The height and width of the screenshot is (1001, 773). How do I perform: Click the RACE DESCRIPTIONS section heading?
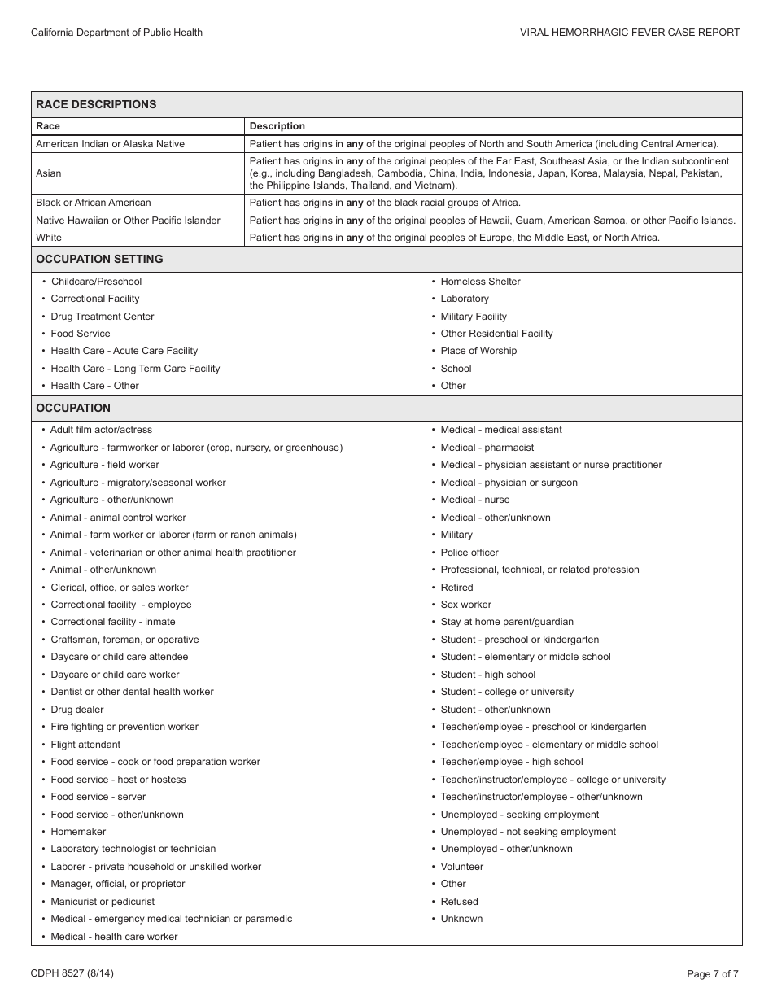(x=96, y=104)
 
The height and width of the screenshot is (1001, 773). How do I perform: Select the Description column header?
(x=277, y=126)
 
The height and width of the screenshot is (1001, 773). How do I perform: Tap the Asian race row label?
(x=49, y=173)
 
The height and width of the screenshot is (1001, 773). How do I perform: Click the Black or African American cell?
(x=94, y=203)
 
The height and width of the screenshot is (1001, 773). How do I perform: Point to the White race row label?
(x=49, y=238)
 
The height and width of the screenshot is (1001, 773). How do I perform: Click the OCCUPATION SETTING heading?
(x=99, y=259)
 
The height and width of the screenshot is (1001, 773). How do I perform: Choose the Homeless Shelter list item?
(x=480, y=282)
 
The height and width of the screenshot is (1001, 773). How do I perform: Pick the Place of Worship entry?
(x=478, y=351)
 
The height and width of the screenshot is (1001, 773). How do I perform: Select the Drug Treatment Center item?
(x=103, y=317)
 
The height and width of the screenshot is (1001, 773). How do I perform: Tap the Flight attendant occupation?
(x=85, y=745)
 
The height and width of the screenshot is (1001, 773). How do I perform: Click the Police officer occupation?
(x=469, y=553)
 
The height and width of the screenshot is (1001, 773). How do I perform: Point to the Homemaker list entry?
(x=78, y=832)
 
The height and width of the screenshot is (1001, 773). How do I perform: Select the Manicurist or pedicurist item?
(x=103, y=902)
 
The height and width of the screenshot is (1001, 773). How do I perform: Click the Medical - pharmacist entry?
(x=487, y=448)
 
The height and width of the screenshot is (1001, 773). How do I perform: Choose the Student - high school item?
(x=488, y=675)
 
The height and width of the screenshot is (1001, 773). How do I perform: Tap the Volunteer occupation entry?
(x=462, y=867)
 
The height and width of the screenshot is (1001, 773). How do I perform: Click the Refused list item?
(x=460, y=902)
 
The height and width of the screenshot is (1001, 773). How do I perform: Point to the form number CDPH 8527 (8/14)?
(x=67, y=973)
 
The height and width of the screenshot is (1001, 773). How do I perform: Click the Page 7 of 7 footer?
(x=713, y=973)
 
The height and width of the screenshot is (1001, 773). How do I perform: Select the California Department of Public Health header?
(x=116, y=33)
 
